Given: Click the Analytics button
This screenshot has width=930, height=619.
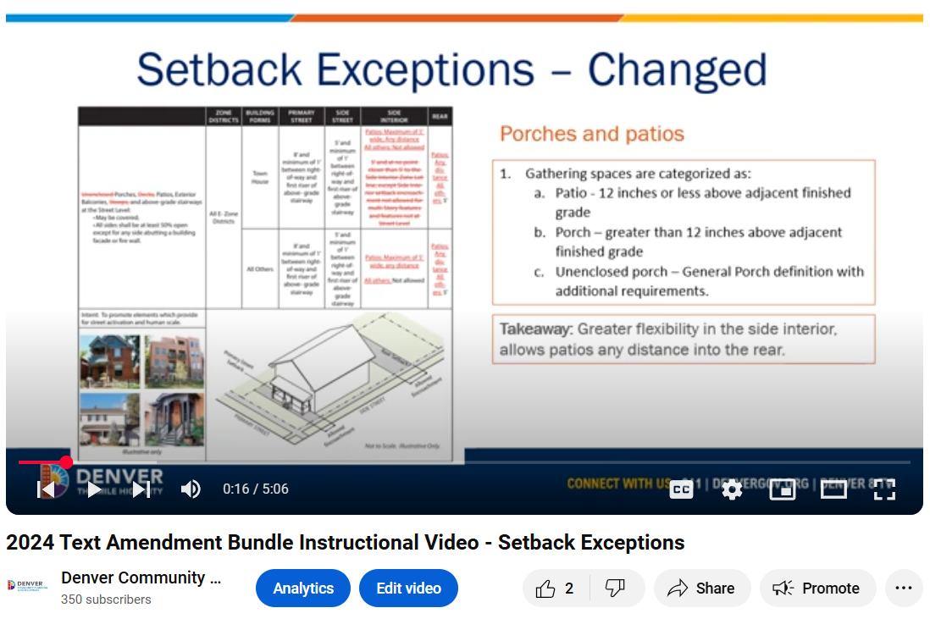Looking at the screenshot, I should click(303, 589).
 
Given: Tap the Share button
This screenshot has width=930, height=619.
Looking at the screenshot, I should click(701, 589).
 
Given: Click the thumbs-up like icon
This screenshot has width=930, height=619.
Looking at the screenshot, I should click(546, 589).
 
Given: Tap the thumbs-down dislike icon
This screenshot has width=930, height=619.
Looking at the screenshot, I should click(615, 589).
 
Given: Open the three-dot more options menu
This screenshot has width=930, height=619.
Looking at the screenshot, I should click(904, 589).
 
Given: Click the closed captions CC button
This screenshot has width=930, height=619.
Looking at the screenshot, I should click(682, 489).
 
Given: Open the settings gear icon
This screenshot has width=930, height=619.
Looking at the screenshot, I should click(732, 489).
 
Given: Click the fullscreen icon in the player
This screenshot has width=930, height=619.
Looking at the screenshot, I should click(884, 489).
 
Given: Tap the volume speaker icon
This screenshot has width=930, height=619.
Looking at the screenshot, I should click(191, 489).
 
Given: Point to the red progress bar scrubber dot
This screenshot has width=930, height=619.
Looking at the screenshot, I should click(66, 462).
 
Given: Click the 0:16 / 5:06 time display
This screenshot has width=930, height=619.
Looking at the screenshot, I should click(256, 489).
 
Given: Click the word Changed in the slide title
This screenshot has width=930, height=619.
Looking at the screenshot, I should click(678, 70).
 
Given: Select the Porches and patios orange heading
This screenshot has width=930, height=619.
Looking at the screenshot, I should click(592, 134).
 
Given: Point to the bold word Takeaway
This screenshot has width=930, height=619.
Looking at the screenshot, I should click(536, 329).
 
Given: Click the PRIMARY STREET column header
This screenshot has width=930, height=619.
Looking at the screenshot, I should click(302, 116).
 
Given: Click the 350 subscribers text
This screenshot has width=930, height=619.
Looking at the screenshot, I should click(106, 600).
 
